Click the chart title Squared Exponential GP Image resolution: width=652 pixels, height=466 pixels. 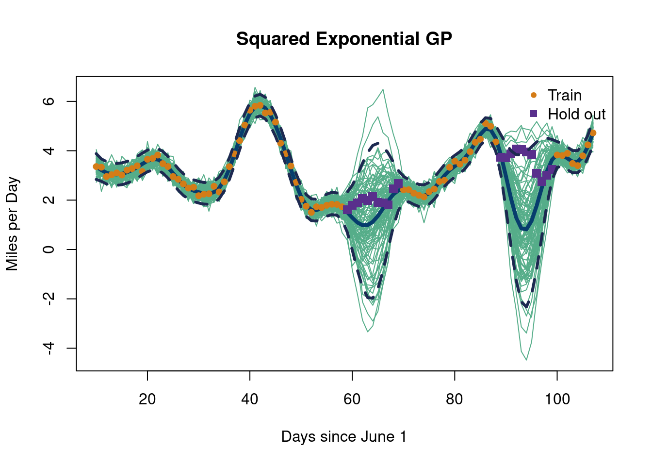click(344, 39)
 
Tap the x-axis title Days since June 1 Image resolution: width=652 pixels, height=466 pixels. click(344, 436)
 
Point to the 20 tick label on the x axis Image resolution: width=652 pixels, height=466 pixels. click(147, 399)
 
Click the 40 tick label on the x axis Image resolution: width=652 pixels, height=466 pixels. click(250, 399)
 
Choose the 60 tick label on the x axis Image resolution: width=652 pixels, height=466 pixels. click(352, 399)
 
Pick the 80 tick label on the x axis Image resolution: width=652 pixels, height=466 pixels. click(455, 399)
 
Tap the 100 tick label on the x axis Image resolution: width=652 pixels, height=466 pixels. click(557, 399)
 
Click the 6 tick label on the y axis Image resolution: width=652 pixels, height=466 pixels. click(49, 101)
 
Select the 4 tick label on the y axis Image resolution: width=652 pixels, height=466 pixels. click(49, 150)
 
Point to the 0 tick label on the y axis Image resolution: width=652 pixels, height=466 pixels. click(49, 250)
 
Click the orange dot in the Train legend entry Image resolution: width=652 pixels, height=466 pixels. click(534, 95)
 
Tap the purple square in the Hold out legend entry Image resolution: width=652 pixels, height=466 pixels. click(534, 114)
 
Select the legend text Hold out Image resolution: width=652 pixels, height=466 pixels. click(576, 114)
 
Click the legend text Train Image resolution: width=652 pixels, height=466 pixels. click(564, 95)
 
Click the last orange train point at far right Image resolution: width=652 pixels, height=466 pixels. click(593, 133)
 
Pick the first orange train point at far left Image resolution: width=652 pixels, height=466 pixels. click(96, 166)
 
